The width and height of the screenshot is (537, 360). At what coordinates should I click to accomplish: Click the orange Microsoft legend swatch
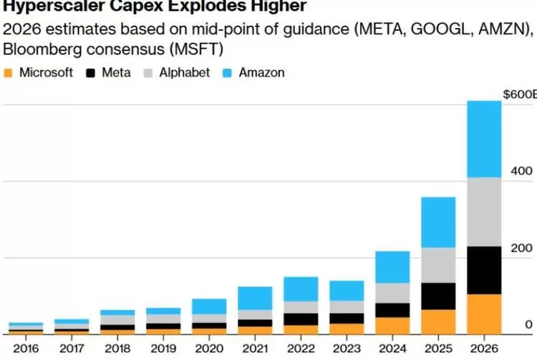[9, 73]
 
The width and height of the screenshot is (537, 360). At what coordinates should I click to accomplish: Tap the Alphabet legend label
[185, 73]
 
